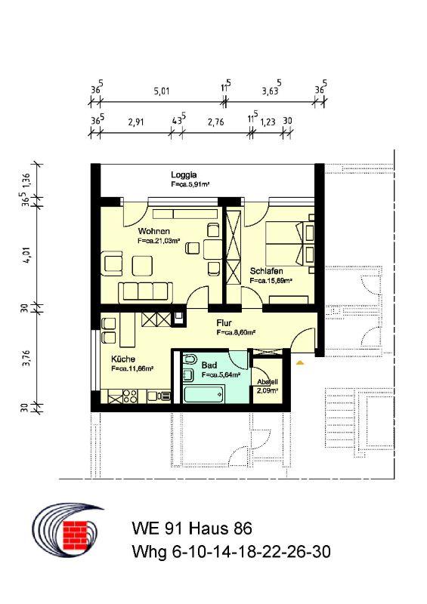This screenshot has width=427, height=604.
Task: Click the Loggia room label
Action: pyautogui.click(x=184, y=175)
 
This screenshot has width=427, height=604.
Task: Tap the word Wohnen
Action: pyautogui.click(x=153, y=231)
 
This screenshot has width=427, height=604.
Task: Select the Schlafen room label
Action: pyautogui.click(x=266, y=271)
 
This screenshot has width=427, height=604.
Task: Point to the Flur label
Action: pyautogui.click(x=224, y=323)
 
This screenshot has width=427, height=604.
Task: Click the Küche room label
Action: pyautogui.click(x=123, y=359)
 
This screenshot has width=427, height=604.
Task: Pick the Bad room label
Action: pyautogui.click(x=209, y=365)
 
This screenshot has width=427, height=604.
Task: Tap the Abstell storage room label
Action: pyautogui.click(x=268, y=382)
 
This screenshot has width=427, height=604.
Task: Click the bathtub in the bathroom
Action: pyautogui.click(x=204, y=393)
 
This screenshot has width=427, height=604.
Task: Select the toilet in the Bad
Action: pyautogui.click(x=190, y=360)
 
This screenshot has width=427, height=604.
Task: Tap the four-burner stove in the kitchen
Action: pyautogui.click(x=130, y=396)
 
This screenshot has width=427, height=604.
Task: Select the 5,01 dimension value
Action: pyautogui.click(x=162, y=91)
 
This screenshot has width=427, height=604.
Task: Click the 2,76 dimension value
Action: pyautogui.click(x=215, y=122)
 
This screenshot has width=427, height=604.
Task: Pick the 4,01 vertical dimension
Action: pyautogui.click(x=26, y=255)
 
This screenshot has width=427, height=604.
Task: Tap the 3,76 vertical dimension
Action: pyautogui.click(x=26, y=358)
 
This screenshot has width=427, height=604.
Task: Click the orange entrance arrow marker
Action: pyautogui.click(x=300, y=362)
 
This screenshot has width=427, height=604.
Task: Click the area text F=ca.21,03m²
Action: pyautogui.click(x=159, y=241)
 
